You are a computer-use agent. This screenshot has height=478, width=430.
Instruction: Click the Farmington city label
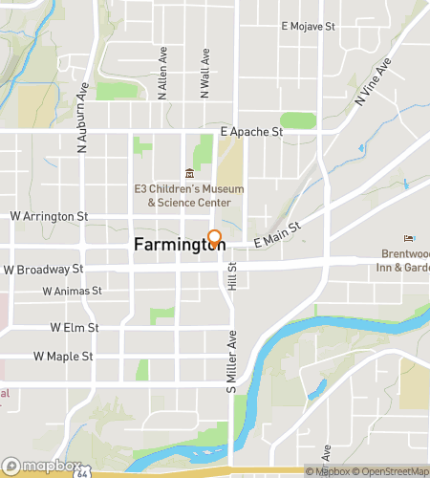(x=178, y=245)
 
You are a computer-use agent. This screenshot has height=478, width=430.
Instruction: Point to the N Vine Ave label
(x=373, y=85)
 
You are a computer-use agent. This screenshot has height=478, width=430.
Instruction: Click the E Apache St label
(x=251, y=131)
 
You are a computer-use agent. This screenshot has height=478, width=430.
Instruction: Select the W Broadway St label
(x=43, y=270)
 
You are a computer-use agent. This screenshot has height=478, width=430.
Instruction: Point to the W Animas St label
(x=72, y=291)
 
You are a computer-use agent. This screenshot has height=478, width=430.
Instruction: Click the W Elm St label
(x=75, y=328)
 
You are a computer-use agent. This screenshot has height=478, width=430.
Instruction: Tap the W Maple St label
(x=63, y=357)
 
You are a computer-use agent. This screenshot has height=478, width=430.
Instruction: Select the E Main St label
(x=278, y=237)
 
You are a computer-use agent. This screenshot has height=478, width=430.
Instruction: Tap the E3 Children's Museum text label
(x=188, y=196)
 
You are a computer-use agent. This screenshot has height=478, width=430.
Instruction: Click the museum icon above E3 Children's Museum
(x=189, y=173)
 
